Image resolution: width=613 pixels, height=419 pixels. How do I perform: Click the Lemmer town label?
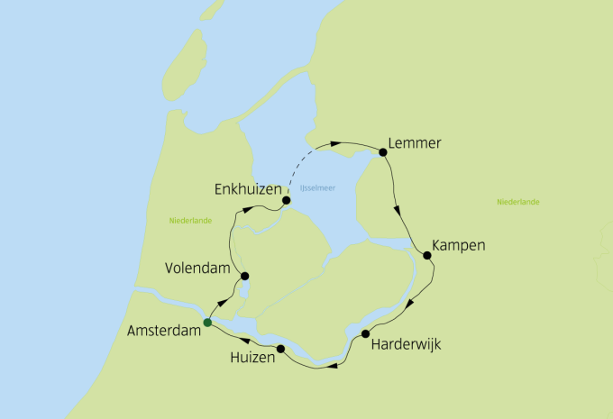click(417, 143)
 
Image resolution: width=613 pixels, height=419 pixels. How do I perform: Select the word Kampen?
click(459, 245)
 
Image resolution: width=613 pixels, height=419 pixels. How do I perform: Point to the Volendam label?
click(200, 269)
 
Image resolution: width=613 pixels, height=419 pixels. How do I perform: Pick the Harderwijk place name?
click(407, 343)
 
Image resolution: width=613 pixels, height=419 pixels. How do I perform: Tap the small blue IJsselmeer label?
click(316, 187)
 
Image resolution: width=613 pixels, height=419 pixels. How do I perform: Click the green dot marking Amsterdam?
click(207, 323)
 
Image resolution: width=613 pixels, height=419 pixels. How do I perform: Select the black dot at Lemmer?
click(383, 152)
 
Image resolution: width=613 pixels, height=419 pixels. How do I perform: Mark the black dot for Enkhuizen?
click(286, 200)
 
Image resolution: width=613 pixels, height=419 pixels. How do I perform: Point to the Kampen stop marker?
click(427, 255)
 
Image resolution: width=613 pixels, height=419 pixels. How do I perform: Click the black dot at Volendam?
click(244, 277)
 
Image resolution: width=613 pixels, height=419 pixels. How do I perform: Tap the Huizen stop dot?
click(280, 349)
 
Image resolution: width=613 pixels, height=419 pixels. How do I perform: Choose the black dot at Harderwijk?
click(365, 334)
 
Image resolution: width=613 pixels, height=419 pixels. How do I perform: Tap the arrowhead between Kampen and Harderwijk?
click(410, 303)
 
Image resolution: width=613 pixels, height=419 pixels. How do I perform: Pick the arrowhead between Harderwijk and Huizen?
click(334, 365)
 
